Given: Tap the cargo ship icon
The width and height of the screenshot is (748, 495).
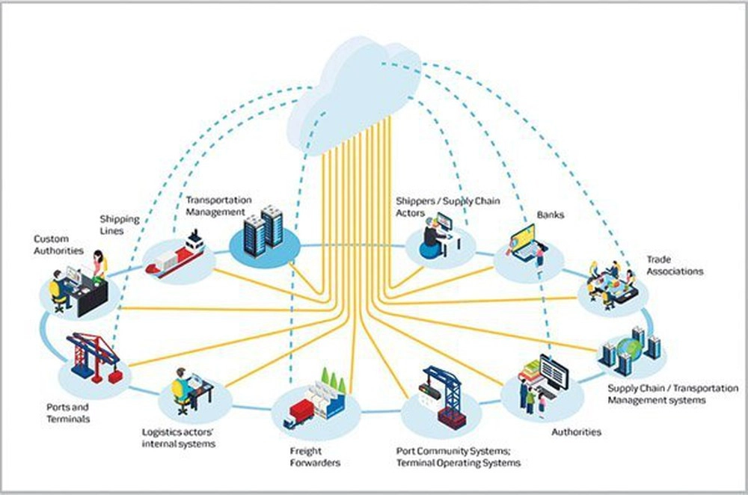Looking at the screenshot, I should pyautogui.click(x=176, y=256).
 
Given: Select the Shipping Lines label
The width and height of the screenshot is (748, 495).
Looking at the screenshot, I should pyautogui.click(x=120, y=225).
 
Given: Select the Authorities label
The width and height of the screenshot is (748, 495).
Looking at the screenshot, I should pyautogui.click(x=576, y=432).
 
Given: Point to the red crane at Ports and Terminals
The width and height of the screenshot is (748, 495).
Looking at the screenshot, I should pyautogui.click(x=95, y=355).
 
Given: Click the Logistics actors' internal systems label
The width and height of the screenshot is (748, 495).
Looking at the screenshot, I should pyautogui.click(x=178, y=438).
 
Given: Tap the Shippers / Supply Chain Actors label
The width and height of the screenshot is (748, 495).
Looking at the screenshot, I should pyautogui.click(x=448, y=207).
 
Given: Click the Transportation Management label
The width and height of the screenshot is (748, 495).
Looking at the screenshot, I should pyautogui.click(x=218, y=206).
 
